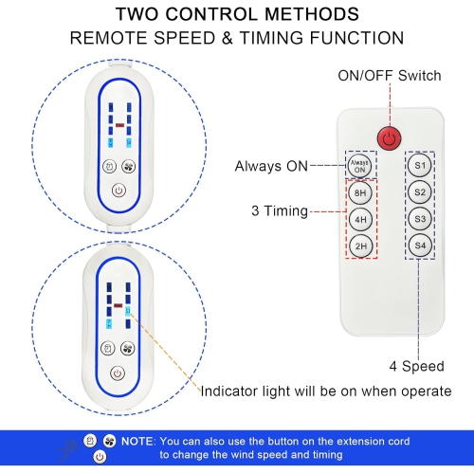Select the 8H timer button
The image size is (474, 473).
coord(360,193)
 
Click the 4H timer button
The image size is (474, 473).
coord(360,219)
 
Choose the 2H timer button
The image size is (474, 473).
coord(360,246)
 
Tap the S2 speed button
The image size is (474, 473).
coord(420,192)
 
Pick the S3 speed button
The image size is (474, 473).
coord(420,219)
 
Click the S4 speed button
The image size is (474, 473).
coord(420,246)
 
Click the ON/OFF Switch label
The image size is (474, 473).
coord(389,75)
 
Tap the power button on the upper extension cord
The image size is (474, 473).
coord(118,191)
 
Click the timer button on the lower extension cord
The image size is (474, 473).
coord(107,347)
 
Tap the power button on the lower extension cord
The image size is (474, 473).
coord(118,373)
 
